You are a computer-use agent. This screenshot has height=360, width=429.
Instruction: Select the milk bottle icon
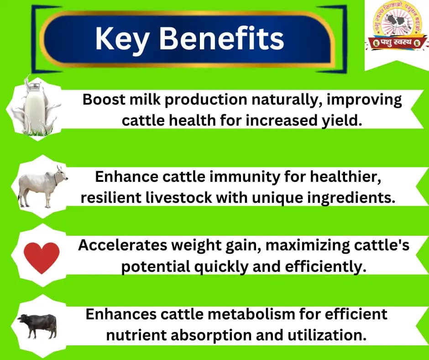pos(35,108)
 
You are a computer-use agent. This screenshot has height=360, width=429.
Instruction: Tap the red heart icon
pos(42,257)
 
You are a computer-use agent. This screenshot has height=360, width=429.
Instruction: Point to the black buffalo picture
pos(38,325)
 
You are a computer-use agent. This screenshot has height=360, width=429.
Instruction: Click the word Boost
pos(103,100)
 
